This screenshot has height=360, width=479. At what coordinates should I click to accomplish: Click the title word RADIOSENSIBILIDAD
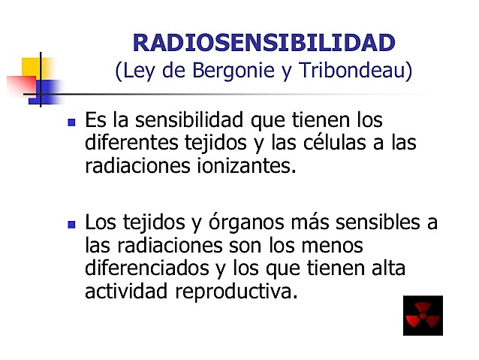[263, 42]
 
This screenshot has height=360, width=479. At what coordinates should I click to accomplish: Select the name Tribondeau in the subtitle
[356, 71]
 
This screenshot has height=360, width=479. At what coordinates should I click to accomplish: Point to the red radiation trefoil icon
[423, 316]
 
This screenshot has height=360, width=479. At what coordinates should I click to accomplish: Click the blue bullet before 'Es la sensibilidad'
[72, 121]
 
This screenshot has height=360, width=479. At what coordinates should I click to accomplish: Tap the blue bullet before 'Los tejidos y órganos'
[72, 224]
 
